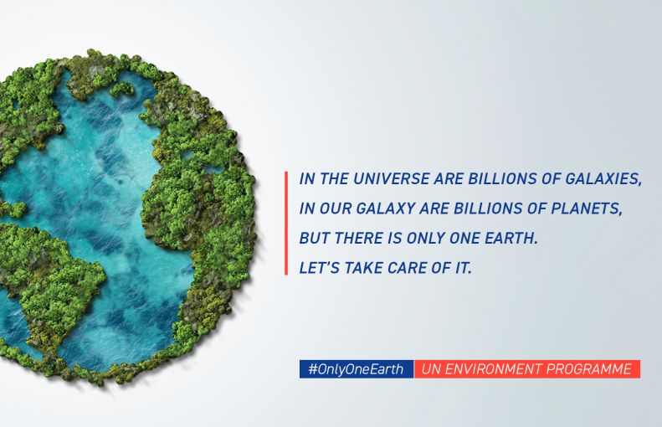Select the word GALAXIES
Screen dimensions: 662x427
click(603, 178)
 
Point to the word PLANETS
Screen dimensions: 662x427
click(587, 208)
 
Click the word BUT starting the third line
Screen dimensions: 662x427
click(315, 239)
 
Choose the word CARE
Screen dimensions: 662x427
click(407, 268)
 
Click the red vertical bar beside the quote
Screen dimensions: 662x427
click(286, 223)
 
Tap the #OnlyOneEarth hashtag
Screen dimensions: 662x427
click(356, 369)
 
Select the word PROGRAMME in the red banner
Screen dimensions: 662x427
click(588, 369)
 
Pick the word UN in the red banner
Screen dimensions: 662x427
click(431, 369)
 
